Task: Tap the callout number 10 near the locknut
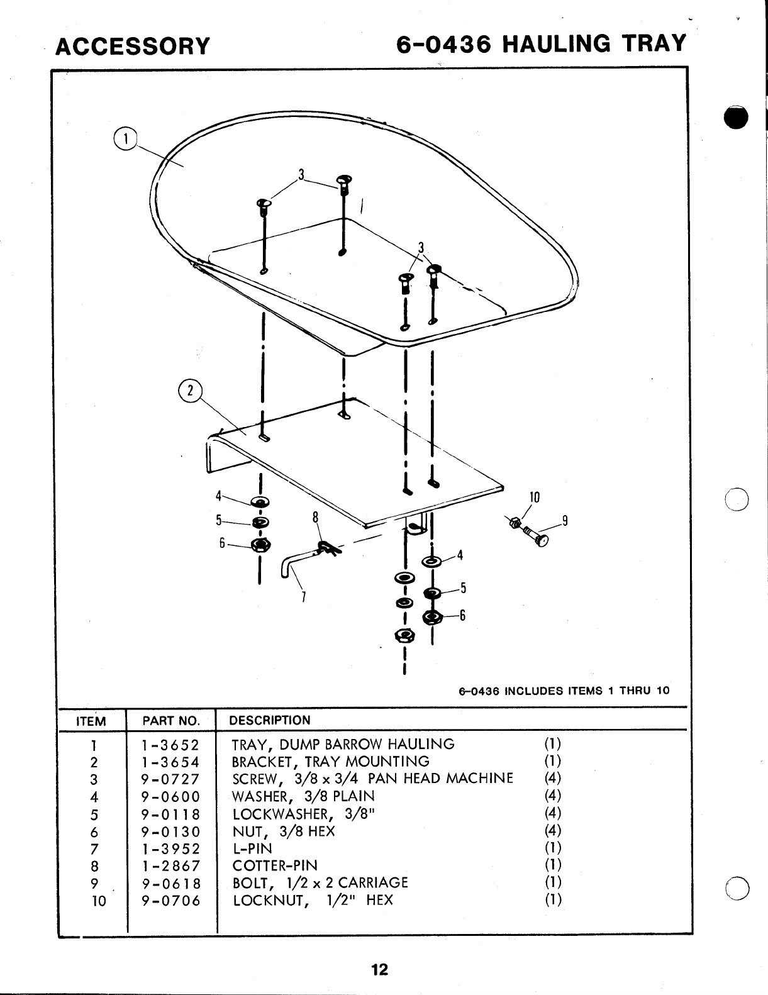click(535, 497)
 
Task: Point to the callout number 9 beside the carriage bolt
click(565, 520)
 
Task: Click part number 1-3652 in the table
click(170, 745)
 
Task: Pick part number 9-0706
click(170, 900)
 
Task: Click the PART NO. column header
click(171, 721)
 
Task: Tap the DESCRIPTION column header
click(270, 720)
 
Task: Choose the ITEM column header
click(91, 721)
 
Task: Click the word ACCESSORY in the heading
click(132, 46)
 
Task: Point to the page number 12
click(379, 969)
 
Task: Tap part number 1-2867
click(170, 865)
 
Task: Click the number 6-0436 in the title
click(444, 44)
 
